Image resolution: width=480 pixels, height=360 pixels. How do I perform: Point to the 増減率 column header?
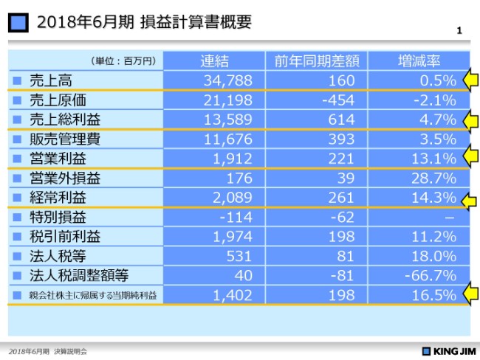click(x=419, y=60)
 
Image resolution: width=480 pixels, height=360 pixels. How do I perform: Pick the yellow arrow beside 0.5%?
click(x=470, y=80)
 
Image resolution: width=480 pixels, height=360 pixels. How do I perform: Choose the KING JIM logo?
click(x=448, y=351)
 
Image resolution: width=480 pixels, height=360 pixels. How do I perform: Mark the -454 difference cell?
click(x=339, y=100)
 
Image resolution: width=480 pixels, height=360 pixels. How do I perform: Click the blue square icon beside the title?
click(x=20, y=23)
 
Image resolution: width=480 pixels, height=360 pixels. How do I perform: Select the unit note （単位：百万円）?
click(x=123, y=60)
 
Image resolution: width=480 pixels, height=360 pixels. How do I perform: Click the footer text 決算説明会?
click(x=70, y=351)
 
